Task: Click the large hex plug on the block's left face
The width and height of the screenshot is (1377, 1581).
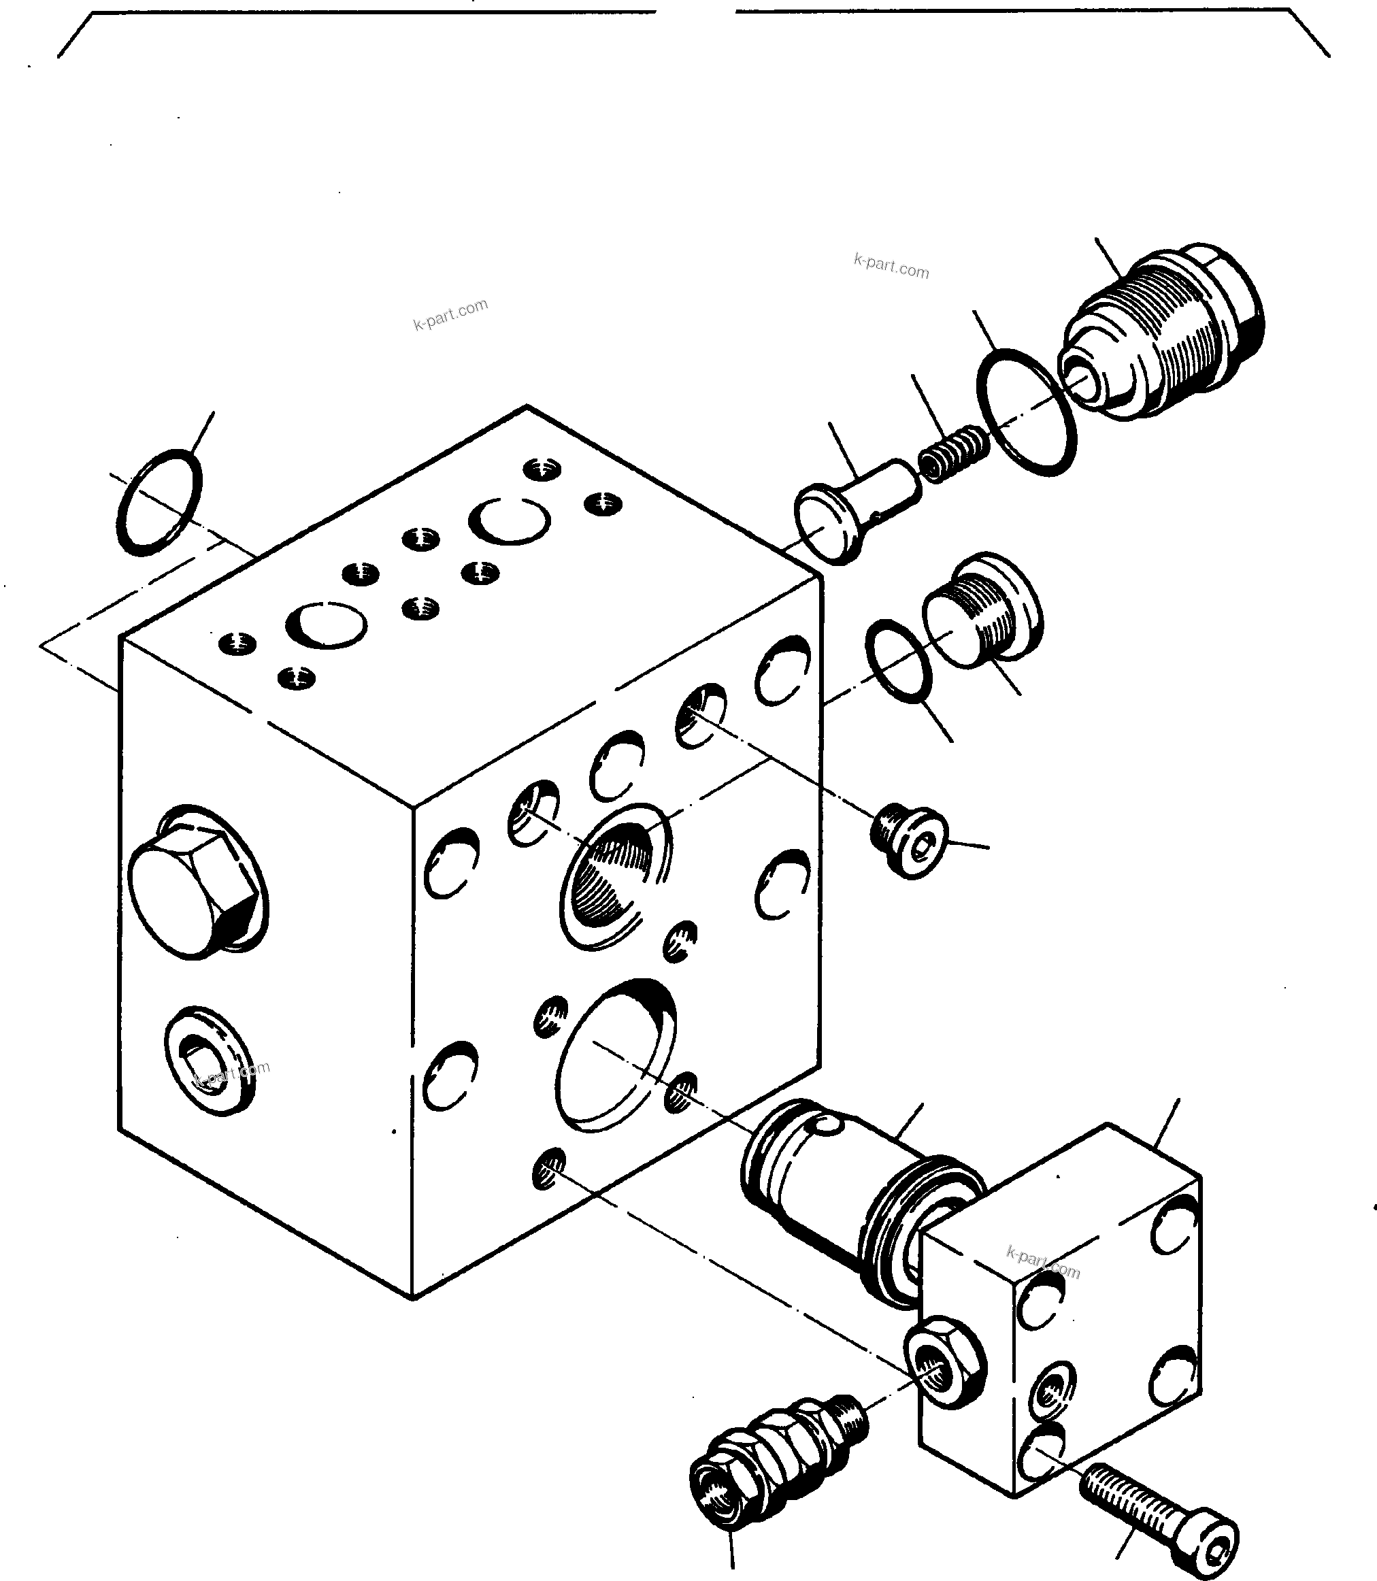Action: click(x=192, y=884)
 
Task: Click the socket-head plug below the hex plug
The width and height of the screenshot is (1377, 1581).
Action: click(x=209, y=1061)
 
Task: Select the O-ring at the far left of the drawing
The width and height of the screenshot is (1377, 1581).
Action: click(x=159, y=503)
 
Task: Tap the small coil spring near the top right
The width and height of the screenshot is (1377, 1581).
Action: click(x=954, y=453)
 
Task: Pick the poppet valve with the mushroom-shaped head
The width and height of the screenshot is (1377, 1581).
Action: click(x=853, y=511)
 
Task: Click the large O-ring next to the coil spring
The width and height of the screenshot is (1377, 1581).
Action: click(x=1026, y=412)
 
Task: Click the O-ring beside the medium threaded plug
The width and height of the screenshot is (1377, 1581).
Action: click(x=898, y=661)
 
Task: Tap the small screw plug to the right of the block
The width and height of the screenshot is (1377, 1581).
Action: click(x=910, y=842)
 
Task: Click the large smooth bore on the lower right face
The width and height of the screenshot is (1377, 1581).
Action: click(x=615, y=1056)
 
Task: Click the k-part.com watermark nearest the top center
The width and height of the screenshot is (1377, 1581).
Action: click(x=450, y=314)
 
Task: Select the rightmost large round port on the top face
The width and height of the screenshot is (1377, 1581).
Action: click(x=510, y=521)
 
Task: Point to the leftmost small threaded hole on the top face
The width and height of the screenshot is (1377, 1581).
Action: click(x=237, y=644)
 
